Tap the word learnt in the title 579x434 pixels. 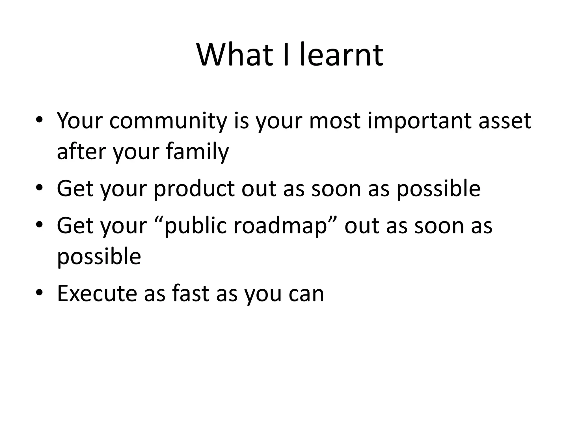(x=341, y=55)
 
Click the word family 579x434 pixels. (x=197, y=152)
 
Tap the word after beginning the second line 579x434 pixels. (x=82, y=152)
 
